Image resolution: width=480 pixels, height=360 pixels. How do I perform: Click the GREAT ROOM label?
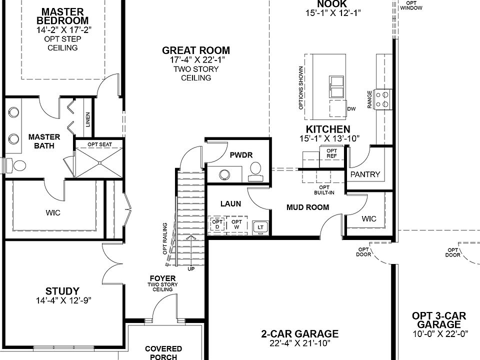click(x=196, y=50)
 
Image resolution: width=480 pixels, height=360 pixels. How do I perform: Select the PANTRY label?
click(x=365, y=174)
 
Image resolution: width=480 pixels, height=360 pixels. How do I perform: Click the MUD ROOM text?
click(x=307, y=207)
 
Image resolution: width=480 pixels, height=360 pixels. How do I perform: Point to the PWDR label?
click(x=239, y=155)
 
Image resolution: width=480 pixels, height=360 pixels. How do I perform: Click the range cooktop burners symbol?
click(x=385, y=98)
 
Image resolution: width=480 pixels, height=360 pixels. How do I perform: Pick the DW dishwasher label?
click(x=351, y=108)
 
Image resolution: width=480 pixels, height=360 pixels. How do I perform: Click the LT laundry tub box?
click(x=260, y=227)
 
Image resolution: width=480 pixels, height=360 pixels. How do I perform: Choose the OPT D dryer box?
click(x=216, y=224)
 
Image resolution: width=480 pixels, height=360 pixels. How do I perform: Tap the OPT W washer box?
click(x=237, y=224)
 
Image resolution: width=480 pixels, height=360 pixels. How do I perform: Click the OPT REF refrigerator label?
click(x=331, y=153)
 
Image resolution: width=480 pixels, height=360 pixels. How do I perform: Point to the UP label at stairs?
click(x=191, y=268)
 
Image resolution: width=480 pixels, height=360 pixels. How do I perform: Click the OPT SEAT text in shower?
click(x=99, y=144)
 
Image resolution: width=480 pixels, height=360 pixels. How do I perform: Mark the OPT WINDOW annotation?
click(x=411, y=6)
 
